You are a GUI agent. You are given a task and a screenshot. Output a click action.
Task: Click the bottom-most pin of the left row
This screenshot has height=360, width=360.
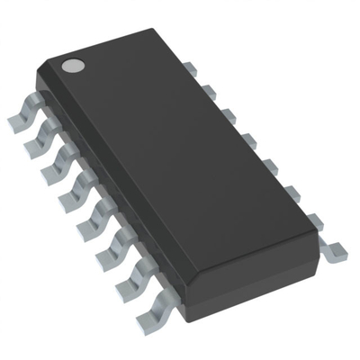click(x=149, y=315)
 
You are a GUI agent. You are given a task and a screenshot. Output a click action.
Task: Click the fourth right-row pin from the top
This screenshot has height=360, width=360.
click(x=244, y=139)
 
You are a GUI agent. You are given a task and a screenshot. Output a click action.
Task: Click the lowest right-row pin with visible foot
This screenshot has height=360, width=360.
click(x=332, y=251)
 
